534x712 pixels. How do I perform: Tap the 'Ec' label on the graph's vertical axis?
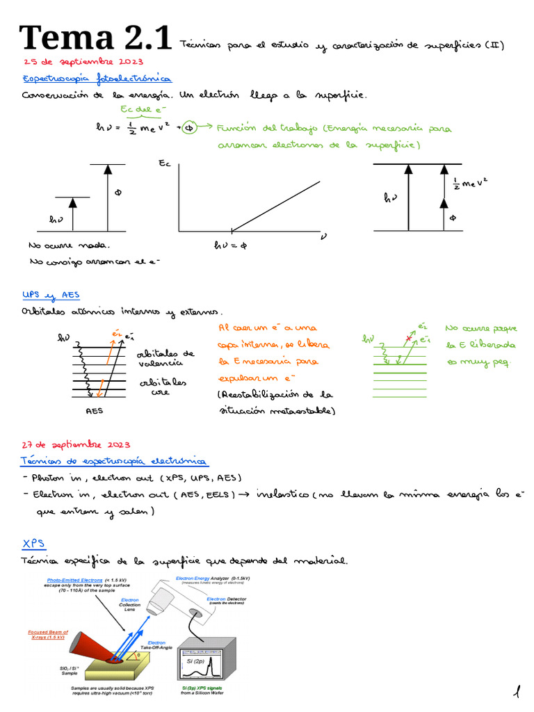165,165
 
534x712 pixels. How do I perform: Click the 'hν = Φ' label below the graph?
230,245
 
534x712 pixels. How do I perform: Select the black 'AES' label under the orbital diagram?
94,411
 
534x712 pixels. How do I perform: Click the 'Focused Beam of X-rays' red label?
47,635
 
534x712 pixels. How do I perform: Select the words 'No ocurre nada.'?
69,245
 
